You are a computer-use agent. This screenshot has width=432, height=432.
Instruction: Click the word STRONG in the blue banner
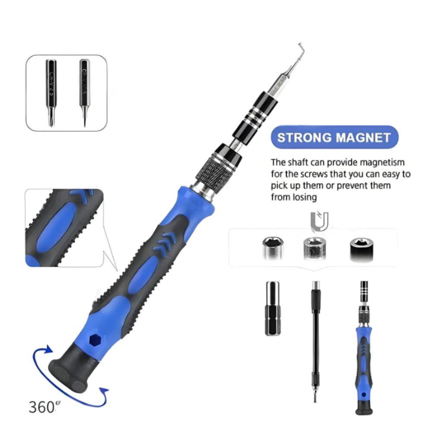(x=304, y=138)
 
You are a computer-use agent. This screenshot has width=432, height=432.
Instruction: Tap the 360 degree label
(x=42, y=407)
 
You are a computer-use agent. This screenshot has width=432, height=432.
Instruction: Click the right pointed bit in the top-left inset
(x=84, y=92)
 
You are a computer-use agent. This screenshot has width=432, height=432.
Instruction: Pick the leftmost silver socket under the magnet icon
(x=271, y=248)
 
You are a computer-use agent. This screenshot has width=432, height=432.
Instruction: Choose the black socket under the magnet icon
(x=359, y=249)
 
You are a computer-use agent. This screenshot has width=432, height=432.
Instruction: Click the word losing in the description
(x=306, y=197)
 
